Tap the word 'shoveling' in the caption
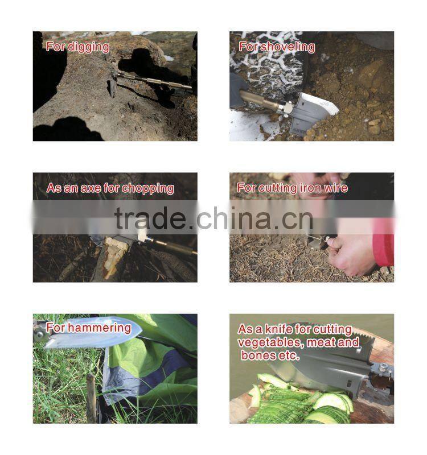[x=288, y=47]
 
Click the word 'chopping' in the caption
[x=148, y=189]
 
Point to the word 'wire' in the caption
[x=336, y=188]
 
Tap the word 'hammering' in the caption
[x=99, y=328]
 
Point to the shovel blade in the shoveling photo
[x=314, y=111]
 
